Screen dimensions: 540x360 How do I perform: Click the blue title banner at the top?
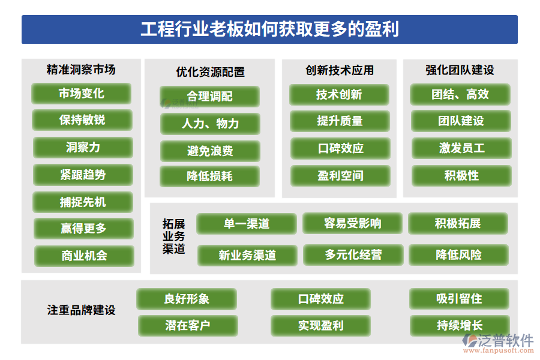[x=269, y=29]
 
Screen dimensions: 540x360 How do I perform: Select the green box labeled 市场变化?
[x=81, y=94]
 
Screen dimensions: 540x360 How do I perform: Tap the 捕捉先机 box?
[x=83, y=202]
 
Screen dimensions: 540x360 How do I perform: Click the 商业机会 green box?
[x=84, y=256]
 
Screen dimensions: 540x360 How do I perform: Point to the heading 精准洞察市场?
[x=81, y=70]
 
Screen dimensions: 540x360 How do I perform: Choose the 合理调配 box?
[x=209, y=96]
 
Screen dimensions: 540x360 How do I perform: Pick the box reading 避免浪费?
[x=210, y=151]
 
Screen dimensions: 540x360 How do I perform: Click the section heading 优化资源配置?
[x=210, y=72]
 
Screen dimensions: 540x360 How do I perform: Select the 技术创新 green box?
[x=339, y=94]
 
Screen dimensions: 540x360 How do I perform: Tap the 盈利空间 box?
[x=340, y=176]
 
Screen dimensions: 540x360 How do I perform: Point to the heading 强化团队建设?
[x=460, y=70]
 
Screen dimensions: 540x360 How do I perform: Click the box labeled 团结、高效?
[x=460, y=94]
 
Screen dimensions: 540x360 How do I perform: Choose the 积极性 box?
[x=461, y=175]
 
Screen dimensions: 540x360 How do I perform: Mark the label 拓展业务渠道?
[x=173, y=236]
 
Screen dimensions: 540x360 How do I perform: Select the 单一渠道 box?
[x=247, y=224]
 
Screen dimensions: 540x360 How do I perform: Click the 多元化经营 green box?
[x=353, y=254]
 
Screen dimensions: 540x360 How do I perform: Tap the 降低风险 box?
[x=458, y=254]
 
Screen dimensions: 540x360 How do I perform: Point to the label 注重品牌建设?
[x=81, y=310]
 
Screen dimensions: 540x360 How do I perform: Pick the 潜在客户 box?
[x=188, y=325]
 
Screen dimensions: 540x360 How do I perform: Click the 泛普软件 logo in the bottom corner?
[x=497, y=343]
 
